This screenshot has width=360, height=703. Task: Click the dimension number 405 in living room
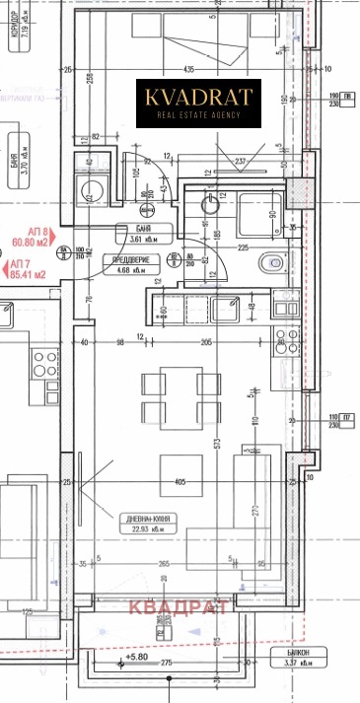(x=179, y=482)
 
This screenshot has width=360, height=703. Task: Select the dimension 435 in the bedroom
(x=188, y=69)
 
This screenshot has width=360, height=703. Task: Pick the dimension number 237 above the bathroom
(x=239, y=163)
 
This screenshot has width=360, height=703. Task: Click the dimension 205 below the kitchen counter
(x=206, y=341)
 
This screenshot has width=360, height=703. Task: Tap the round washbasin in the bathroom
(x=209, y=205)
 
